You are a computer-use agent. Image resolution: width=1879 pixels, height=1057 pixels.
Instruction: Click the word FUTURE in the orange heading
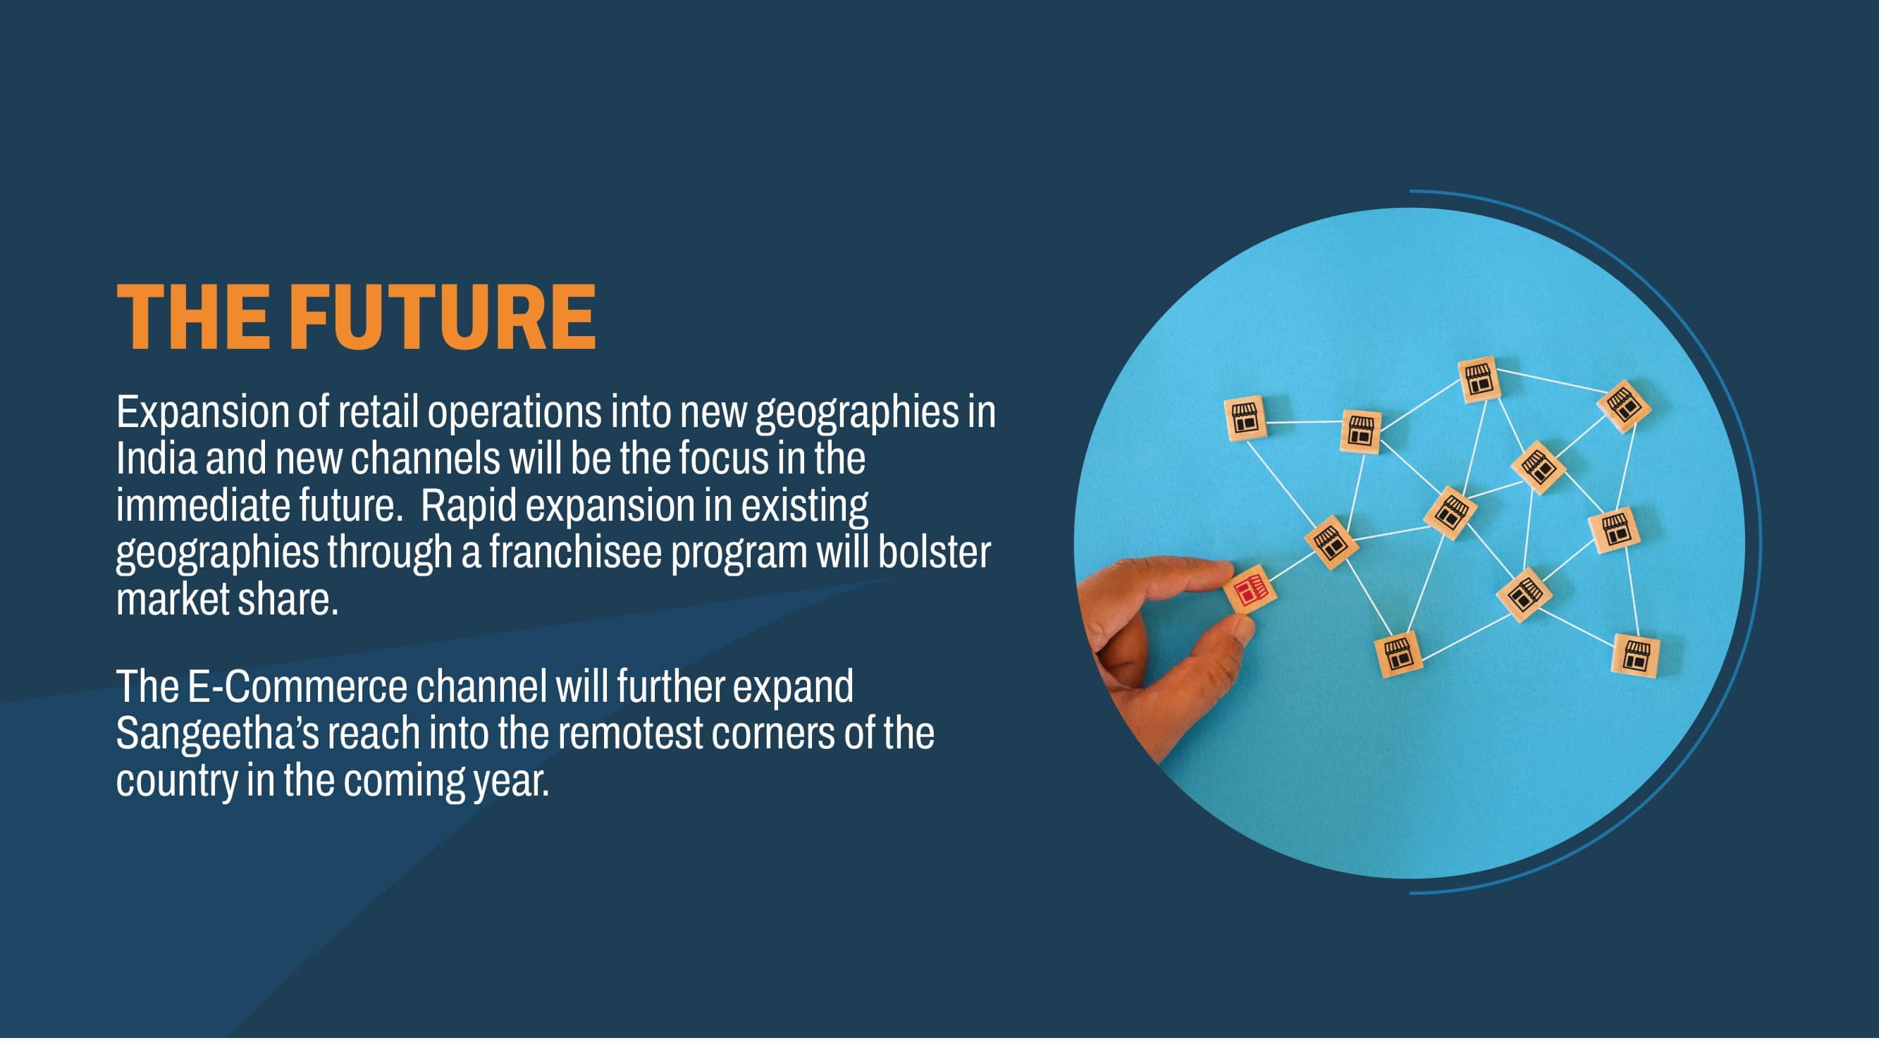pyautogui.click(x=443, y=317)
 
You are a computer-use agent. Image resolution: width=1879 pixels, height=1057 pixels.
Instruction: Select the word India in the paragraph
pyautogui.click(x=156, y=458)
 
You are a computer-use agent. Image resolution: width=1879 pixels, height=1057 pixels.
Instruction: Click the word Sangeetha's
pyautogui.click(x=217, y=733)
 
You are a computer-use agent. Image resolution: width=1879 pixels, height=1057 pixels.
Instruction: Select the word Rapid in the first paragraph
pyautogui.click(x=468, y=506)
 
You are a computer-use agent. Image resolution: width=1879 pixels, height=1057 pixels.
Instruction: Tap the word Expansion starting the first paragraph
pyautogui.click(x=202, y=413)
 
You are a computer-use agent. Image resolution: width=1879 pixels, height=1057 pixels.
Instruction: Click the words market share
pyautogui.click(x=227, y=599)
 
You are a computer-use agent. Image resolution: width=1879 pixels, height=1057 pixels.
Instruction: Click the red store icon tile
pyautogui.click(x=1250, y=589)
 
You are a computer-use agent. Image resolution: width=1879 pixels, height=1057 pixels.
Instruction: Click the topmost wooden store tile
pyautogui.click(x=1479, y=380)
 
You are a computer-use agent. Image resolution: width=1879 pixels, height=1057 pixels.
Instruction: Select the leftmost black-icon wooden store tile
pyautogui.click(x=1246, y=419)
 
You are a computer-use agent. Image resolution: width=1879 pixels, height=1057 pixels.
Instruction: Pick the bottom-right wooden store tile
pyautogui.click(x=1636, y=655)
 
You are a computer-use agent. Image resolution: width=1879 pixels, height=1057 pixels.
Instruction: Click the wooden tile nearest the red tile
pyautogui.click(x=1331, y=542)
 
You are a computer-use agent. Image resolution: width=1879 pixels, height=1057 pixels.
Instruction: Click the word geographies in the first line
pyautogui.click(x=857, y=413)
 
